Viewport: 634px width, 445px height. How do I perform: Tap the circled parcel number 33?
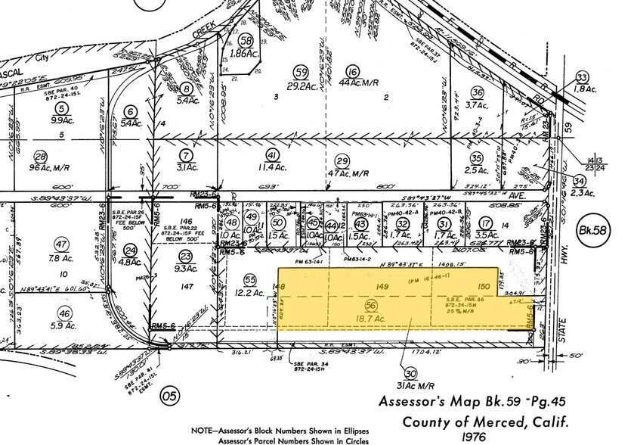pyautogui.click(x=582, y=78)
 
